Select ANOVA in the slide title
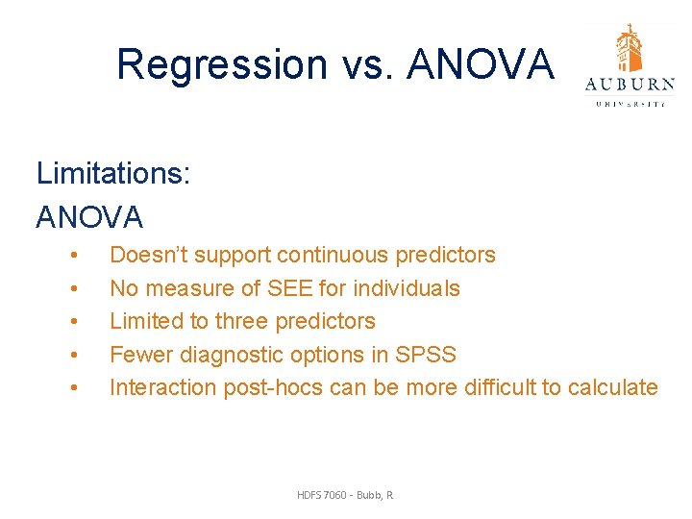click(482, 64)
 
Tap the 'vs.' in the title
click(368, 64)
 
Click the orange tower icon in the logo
click(630, 48)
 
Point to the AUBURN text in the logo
click(630, 85)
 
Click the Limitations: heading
click(113, 174)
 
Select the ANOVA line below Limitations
click(89, 217)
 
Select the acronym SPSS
click(426, 355)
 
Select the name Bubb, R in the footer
click(376, 495)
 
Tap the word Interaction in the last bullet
click(163, 387)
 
